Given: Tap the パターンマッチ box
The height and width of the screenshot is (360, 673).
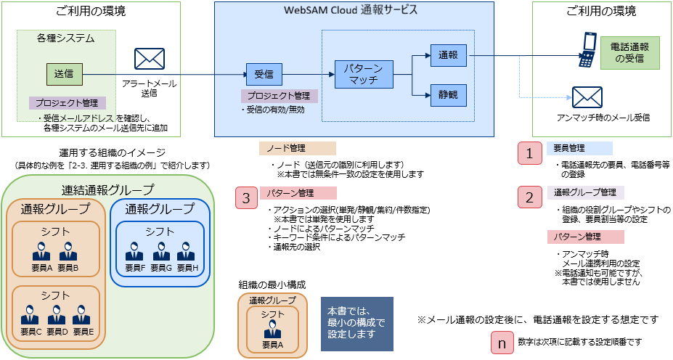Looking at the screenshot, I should click(363, 74).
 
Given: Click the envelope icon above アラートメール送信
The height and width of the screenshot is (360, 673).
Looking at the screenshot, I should click(150, 59).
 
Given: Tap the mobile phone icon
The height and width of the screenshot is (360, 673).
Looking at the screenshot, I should click(587, 51).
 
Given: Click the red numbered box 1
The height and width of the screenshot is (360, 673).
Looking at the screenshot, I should click(530, 153).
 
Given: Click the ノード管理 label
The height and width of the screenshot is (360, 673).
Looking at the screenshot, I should click(298, 149).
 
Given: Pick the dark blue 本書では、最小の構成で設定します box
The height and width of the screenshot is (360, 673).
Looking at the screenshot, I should click(356, 322).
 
